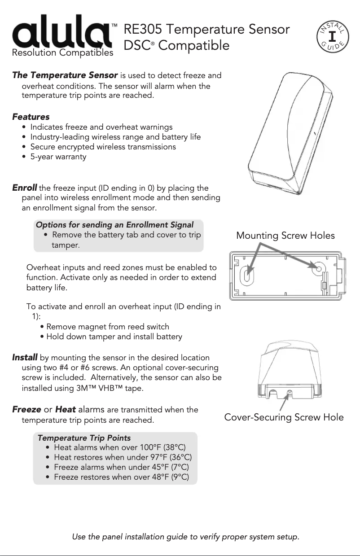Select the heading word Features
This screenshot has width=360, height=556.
[x=31, y=117]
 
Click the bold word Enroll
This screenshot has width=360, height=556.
[x=24, y=188]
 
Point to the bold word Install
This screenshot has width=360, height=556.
[x=25, y=358]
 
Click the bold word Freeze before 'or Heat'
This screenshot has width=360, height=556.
[x=26, y=409]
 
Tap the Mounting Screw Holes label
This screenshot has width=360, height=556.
[x=285, y=236]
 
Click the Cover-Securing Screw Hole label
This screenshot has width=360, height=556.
[x=284, y=417]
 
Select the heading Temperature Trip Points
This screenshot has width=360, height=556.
[x=84, y=438]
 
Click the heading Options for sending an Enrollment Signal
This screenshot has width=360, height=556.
[x=114, y=225]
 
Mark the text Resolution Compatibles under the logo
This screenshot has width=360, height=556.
[x=62, y=53]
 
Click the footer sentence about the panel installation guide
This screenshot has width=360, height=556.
[x=185, y=537]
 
